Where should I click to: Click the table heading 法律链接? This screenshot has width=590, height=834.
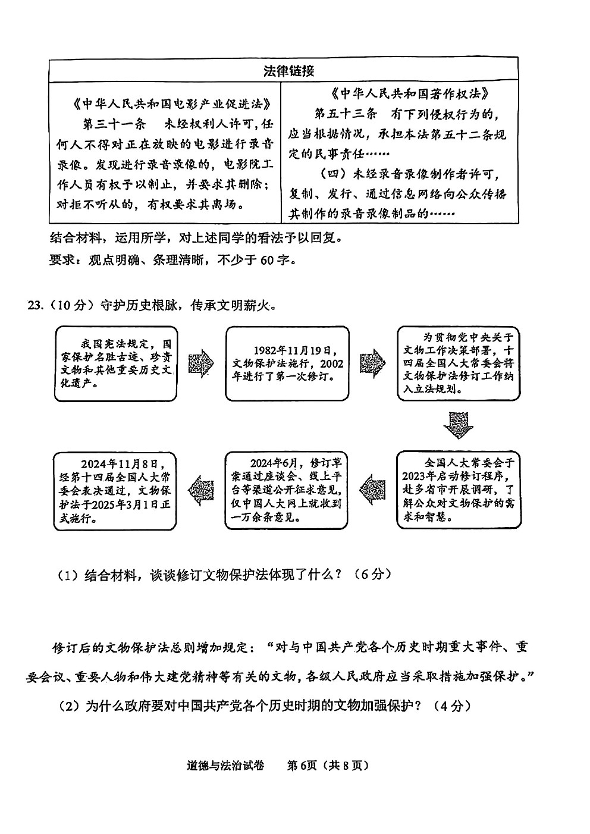click(x=289, y=71)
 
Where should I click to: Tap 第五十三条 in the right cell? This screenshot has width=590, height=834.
click(x=346, y=114)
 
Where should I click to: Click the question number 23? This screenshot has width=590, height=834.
click(x=34, y=305)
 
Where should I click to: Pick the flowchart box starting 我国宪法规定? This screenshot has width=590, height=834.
click(x=116, y=363)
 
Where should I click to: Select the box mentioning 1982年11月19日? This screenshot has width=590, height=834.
click(x=287, y=363)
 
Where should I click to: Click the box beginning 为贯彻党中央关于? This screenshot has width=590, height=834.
click(x=459, y=363)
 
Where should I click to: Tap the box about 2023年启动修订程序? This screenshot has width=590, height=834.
click(x=459, y=490)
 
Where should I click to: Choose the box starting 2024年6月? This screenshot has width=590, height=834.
click(x=286, y=490)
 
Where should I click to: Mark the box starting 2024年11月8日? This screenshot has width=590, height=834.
click(x=115, y=491)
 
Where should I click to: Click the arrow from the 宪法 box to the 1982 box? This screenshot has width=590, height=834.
click(x=201, y=363)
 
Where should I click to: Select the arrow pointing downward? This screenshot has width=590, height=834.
click(x=458, y=425)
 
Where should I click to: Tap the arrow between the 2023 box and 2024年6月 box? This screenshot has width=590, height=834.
click(x=372, y=490)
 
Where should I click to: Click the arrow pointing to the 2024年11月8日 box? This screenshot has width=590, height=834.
click(x=201, y=490)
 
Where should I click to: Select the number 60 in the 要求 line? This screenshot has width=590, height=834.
click(x=267, y=259)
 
